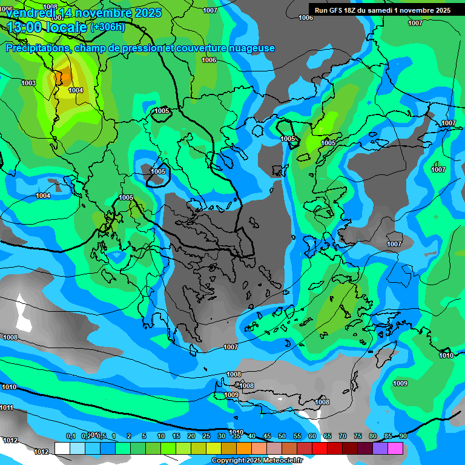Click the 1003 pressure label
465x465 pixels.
[x=28, y=83]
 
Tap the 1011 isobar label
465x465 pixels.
[x=7, y=407]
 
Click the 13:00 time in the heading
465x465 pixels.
[x=25, y=28]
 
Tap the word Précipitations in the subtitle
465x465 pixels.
[x=37, y=48]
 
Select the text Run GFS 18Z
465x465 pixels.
[x=337, y=10]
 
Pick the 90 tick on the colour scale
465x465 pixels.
[x=403, y=436]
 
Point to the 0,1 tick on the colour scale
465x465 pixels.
[x=70, y=436]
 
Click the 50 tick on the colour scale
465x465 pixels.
[x=282, y=436]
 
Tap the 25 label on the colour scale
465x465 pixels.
[x=206, y=436]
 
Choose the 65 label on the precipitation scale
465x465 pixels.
[x=328, y=436]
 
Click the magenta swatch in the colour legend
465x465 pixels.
[x=395, y=448]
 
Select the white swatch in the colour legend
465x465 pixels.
[x=62, y=448]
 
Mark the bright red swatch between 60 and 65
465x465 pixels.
[x=320, y=448]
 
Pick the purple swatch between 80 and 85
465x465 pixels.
[x=380, y=448]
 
